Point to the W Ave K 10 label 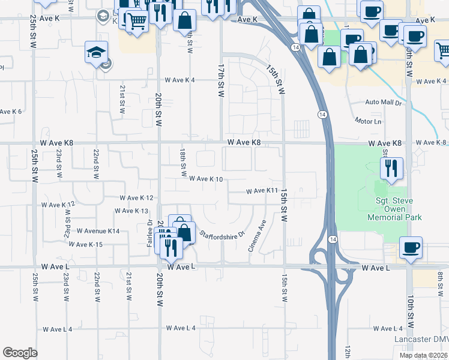point(206,179)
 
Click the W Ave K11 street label point(262,191)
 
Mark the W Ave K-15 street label point(86,244)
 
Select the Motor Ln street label point(368,121)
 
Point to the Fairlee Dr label point(150,230)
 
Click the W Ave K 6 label point(11,112)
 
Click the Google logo point(20,353)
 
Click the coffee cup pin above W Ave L point(411,247)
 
